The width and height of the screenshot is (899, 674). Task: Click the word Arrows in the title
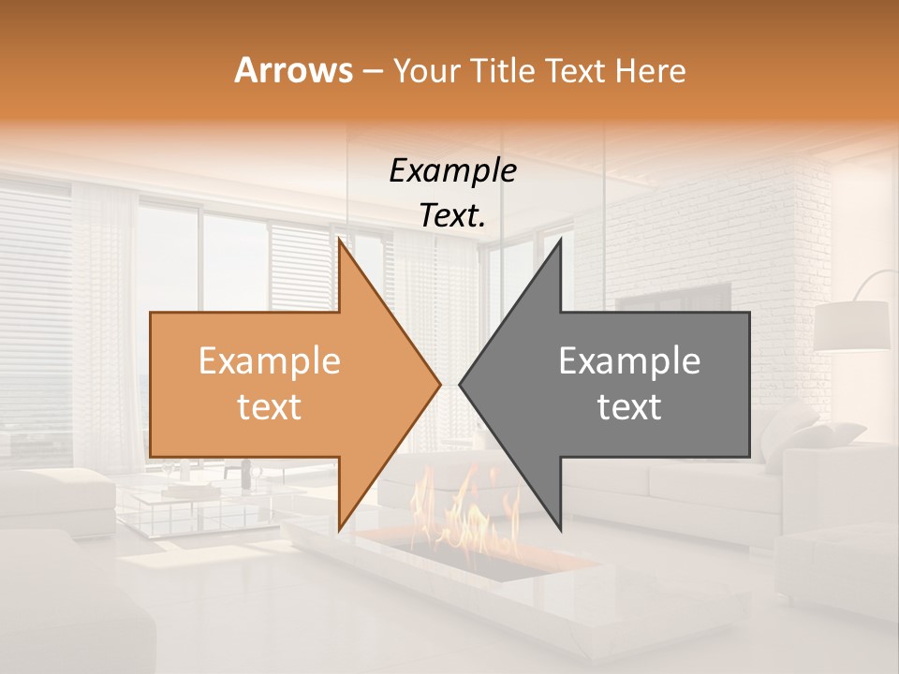[x=292, y=70]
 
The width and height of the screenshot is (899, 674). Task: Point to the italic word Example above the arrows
[x=452, y=170]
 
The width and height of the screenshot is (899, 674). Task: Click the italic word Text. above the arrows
[x=452, y=215]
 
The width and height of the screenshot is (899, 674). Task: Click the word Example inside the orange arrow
[x=270, y=361]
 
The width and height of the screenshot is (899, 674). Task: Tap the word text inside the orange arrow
[x=270, y=406]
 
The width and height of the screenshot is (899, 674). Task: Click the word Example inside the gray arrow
[x=629, y=361]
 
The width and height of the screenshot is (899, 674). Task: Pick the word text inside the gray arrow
[x=629, y=406]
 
